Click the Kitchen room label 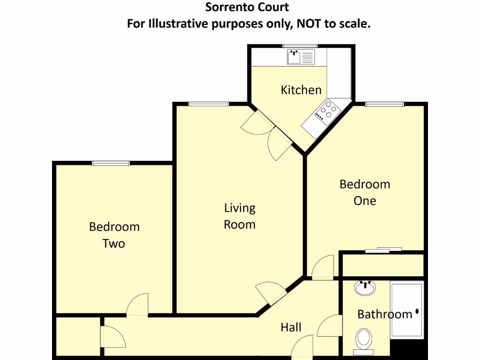(301, 90)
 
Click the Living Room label (240, 216)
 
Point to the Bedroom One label (365, 192)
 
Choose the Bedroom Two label (114, 235)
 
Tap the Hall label (291, 327)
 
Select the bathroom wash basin (365, 287)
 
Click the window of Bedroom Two (111, 163)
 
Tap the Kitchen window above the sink (300, 46)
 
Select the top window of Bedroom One (384, 104)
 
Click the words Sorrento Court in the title (247, 7)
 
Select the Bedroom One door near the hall (323, 268)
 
